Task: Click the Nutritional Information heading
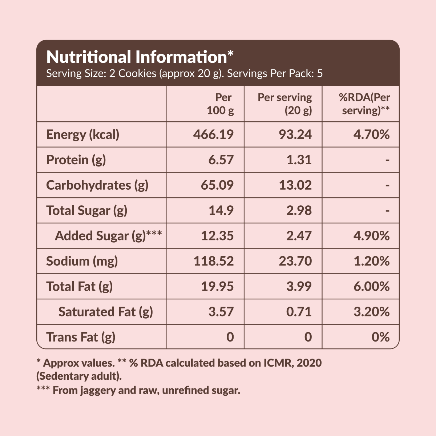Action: [x=140, y=57]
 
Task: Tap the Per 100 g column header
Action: [x=221, y=104]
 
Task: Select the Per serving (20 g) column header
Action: [x=284, y=104]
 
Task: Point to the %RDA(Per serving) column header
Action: [x=364, y=104]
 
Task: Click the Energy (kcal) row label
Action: [x=82, y=135]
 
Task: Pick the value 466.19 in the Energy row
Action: [x=213, y=134]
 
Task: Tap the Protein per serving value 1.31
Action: [x=299, y=160]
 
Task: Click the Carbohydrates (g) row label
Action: [x=97, y=185]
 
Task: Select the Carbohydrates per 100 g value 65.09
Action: [x=217, y=185]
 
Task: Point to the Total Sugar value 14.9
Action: [x=221, y=210]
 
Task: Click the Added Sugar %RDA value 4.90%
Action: [x=372, y=236]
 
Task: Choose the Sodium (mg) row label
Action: [x=82, y=261]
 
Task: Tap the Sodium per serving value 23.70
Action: [x=295, y=261]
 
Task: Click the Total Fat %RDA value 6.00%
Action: [x=372, y=286]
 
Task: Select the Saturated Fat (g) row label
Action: [x=105, y=312]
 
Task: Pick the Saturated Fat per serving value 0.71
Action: [x=299, y=312]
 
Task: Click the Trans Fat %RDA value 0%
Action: [x=380, y=337]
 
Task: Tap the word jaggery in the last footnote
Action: [x=98, y=391]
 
